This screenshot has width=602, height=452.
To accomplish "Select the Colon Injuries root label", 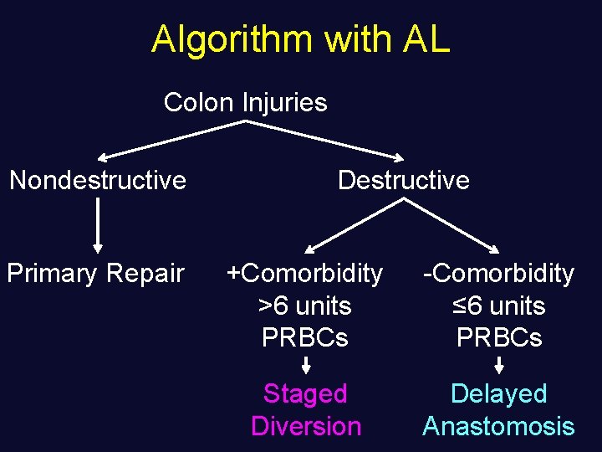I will click(245, 103).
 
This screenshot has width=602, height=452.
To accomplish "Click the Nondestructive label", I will click(98, 180).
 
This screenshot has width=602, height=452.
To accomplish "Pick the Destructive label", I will click(403, 180).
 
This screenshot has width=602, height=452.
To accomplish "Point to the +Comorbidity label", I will click(305, 274).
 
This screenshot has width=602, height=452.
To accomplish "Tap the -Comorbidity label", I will click(498, 274).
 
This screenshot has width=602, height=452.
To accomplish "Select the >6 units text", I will click(305, 306).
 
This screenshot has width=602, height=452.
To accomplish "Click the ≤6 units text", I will click(498, 306).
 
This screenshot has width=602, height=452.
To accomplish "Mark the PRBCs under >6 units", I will click(305, 338).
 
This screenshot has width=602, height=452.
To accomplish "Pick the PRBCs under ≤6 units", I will click(498, 338).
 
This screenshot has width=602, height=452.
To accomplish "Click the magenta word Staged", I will click(305, 393).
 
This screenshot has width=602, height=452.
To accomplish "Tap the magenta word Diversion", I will click(305, 426).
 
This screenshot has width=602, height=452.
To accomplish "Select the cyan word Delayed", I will click(498, 393).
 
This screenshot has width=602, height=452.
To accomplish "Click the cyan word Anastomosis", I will click(498, 426).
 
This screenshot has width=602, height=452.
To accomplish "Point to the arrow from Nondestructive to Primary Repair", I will click(99, 224).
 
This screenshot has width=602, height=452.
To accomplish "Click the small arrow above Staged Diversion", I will click(306, 365).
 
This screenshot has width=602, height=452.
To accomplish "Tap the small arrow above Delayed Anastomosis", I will click(499, 365).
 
